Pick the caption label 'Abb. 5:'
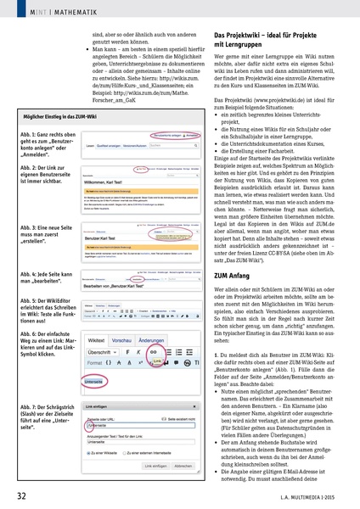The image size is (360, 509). [x=30, y=301]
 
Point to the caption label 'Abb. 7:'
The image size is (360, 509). [x=30, y=409]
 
